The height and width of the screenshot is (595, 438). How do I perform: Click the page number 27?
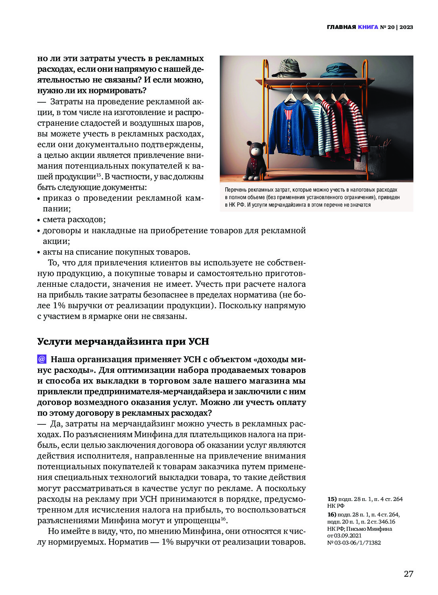pos(408,574)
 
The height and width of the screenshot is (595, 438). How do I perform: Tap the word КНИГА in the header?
pos(368,27)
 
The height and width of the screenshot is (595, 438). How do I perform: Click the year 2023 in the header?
pos(406,27)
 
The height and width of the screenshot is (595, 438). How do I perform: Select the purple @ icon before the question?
pos(42,359)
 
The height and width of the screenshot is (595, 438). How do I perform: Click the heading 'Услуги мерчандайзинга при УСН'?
pos(123,342)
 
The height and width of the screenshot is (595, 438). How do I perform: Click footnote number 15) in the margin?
pos(332,499)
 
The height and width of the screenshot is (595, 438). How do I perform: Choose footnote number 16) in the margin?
pos(332,514)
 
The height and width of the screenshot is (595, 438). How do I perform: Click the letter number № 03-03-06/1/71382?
pos(354,543)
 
